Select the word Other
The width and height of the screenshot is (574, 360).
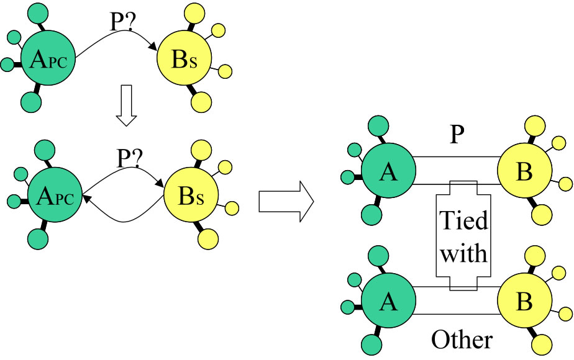pyautogui.click(x=462, y=340)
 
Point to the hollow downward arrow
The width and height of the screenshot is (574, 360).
pyautogui.click(x=126, y=112)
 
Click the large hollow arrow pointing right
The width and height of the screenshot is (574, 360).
pyautogui.click(x=285, y=200)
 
